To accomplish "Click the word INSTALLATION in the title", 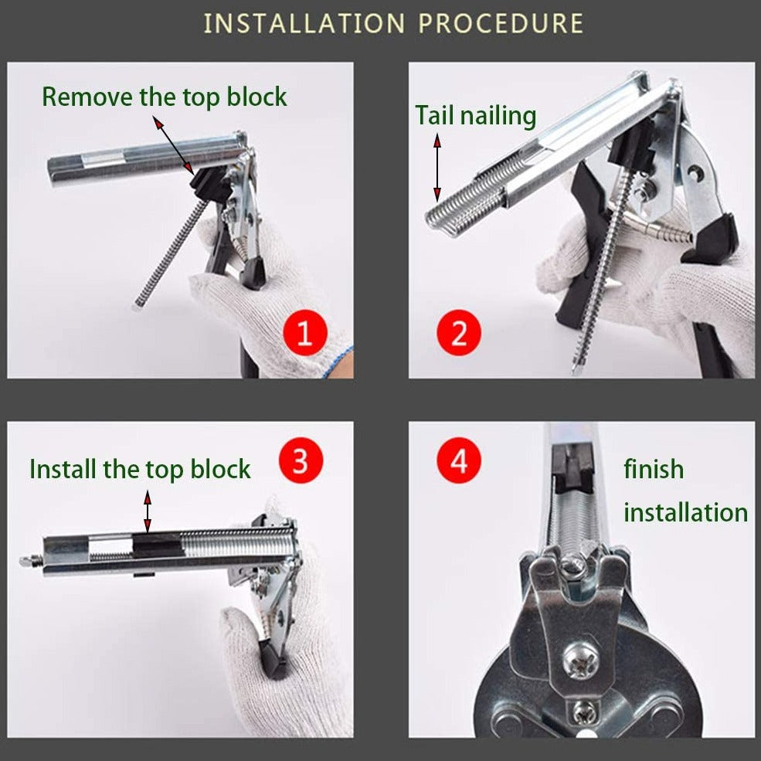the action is click(x=304, y=23).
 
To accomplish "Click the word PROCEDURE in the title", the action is click(x=501, y=23).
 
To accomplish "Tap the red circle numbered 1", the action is click(x=305, y=333).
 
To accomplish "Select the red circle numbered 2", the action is click(x=459, y=333).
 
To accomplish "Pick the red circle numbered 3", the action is click(x=301, y=460).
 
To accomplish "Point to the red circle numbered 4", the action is click(x=459, y=460).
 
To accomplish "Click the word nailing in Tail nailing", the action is click(x=498, y=116).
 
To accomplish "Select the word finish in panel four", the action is click(x=654, y=469).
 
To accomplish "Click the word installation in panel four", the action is click(x=686, y=512).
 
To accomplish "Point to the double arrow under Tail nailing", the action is click(x=437, y=168).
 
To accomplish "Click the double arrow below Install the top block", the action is click(x=148, y=511).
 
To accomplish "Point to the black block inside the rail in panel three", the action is click(x=156, y=545).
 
